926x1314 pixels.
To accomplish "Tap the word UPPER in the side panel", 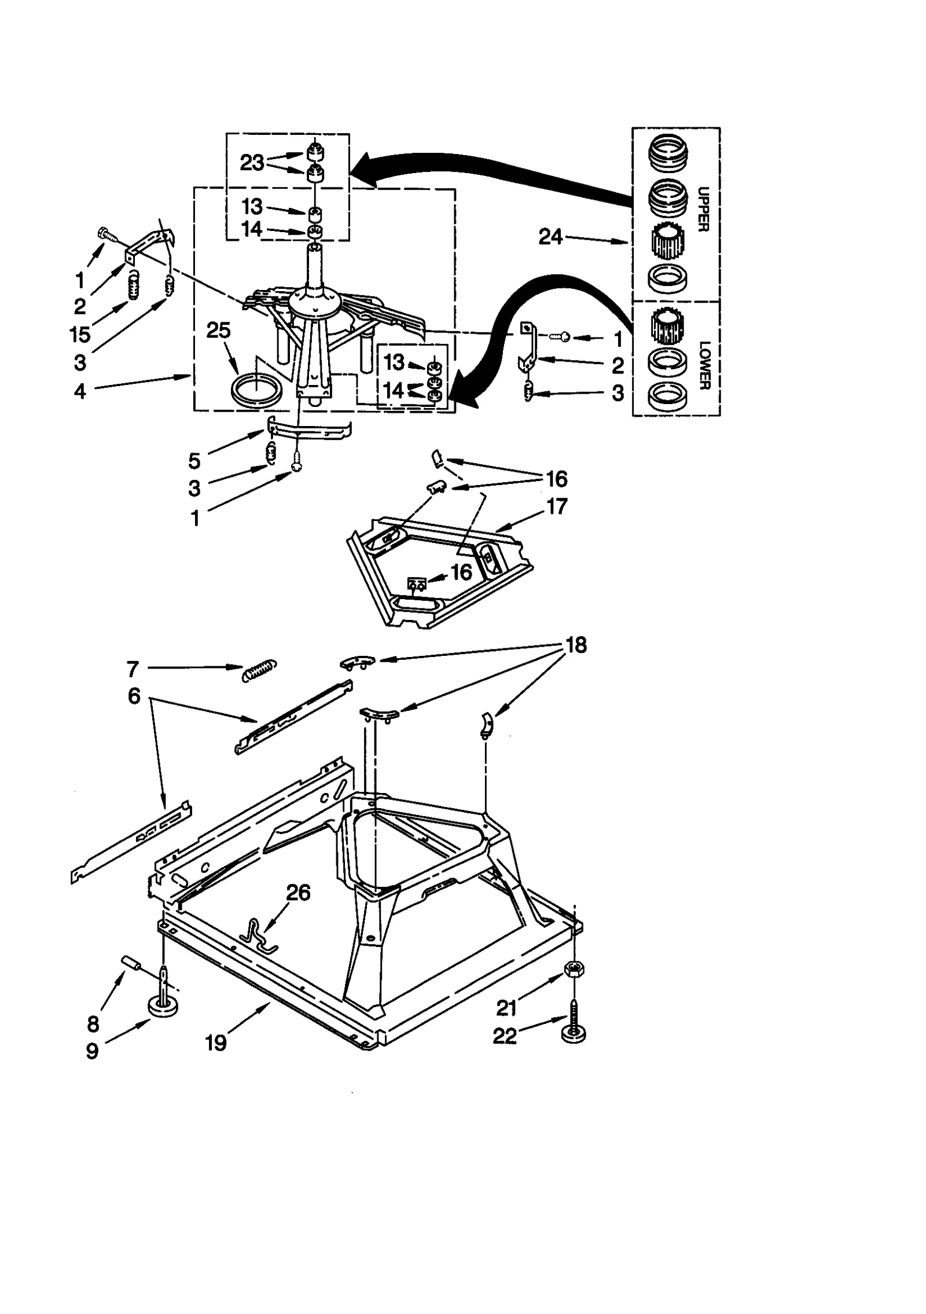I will (703, 209).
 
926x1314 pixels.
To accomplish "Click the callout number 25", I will (218, 331).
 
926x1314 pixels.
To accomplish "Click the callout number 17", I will (556, 506).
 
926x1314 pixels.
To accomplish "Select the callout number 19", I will (215, 1043).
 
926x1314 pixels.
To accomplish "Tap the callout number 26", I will (298, 893).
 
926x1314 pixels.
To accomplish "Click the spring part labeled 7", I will (259, 670).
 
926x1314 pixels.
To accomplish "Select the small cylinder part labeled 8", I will (132, 963).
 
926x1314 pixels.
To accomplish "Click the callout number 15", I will (80, 334).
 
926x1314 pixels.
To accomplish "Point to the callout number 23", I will (252, 163).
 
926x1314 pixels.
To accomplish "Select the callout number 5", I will (194, 461).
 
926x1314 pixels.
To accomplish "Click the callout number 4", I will (80, 391).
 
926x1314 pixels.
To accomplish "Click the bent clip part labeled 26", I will (259, 936).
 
